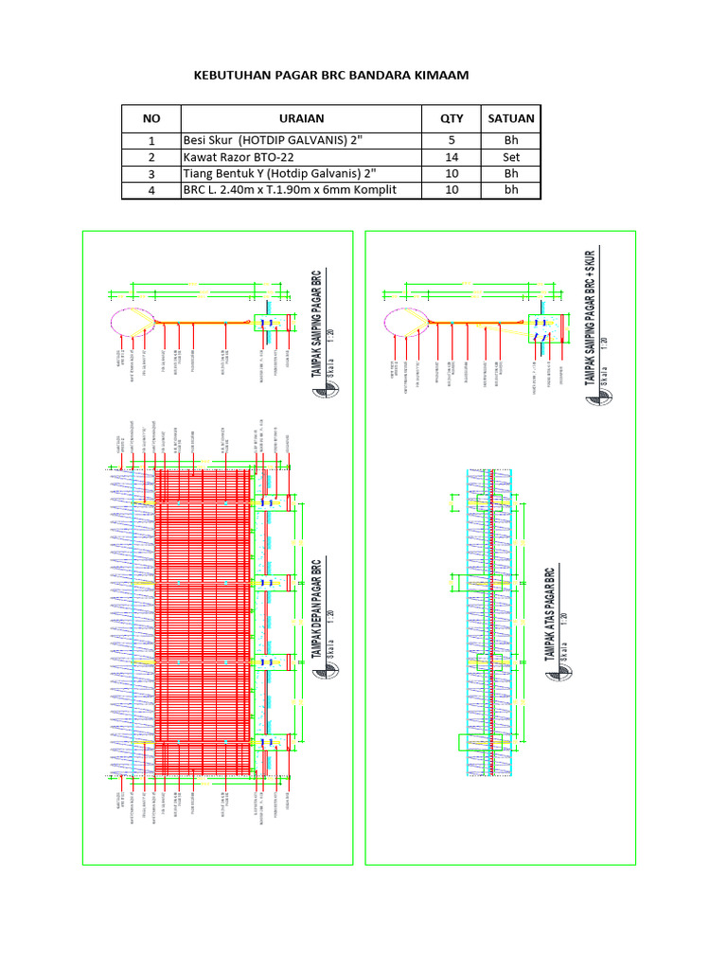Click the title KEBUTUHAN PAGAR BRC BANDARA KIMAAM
[330, 75]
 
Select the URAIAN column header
[301, 118]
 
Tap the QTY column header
[452, 118]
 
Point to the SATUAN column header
[510, 118]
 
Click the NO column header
[151, 118]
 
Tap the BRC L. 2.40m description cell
[288, 190]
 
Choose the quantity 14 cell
[452, 156]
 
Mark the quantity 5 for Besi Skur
[452, 139]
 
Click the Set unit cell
[510, 156]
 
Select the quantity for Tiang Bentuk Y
[452, 173]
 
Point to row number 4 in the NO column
[151, 190]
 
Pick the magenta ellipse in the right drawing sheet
[401, 322]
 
